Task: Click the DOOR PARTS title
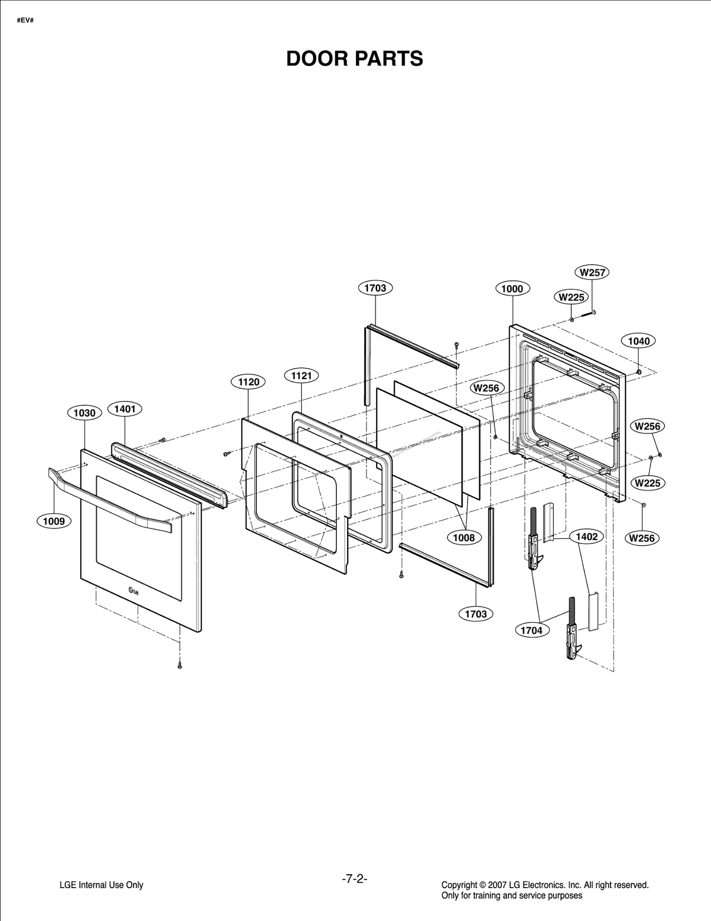click(x=355, y=59)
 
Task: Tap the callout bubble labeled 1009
click(x=54, y=521)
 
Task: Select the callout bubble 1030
click(x=84, y=413)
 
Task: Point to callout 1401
click(x=125, y=409)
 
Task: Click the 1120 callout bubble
click(x=248, y=382)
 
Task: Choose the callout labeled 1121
click(x=301, y=376)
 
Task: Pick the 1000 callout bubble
click(x=512, y=289)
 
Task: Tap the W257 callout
click(x=592, y=272)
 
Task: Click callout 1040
click(x=639, y=341)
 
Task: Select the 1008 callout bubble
click(x=463, y=538)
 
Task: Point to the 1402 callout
click(x=587, y=537)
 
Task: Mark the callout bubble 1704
click(x=531, y=630)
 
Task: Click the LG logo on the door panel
click(x=133, y=590)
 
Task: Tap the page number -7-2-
click(x=355, y=879)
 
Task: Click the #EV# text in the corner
click(x=25, y=21)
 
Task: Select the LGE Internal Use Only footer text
click(x=101, y=885)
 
